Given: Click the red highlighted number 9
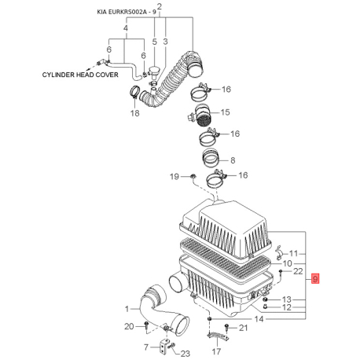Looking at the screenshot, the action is coord(315,278).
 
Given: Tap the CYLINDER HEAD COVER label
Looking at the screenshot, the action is coord(80,75).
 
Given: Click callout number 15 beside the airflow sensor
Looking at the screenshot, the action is coord(225,112).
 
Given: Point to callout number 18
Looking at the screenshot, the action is coord(135,113).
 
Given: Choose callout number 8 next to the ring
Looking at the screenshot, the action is coord(233,160).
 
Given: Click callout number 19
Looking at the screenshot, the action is coord(174,177).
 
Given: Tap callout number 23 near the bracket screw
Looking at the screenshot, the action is coord(186,354).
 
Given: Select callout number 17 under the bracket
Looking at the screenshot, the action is coord(216,351).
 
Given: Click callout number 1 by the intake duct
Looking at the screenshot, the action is coord(127,309).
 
